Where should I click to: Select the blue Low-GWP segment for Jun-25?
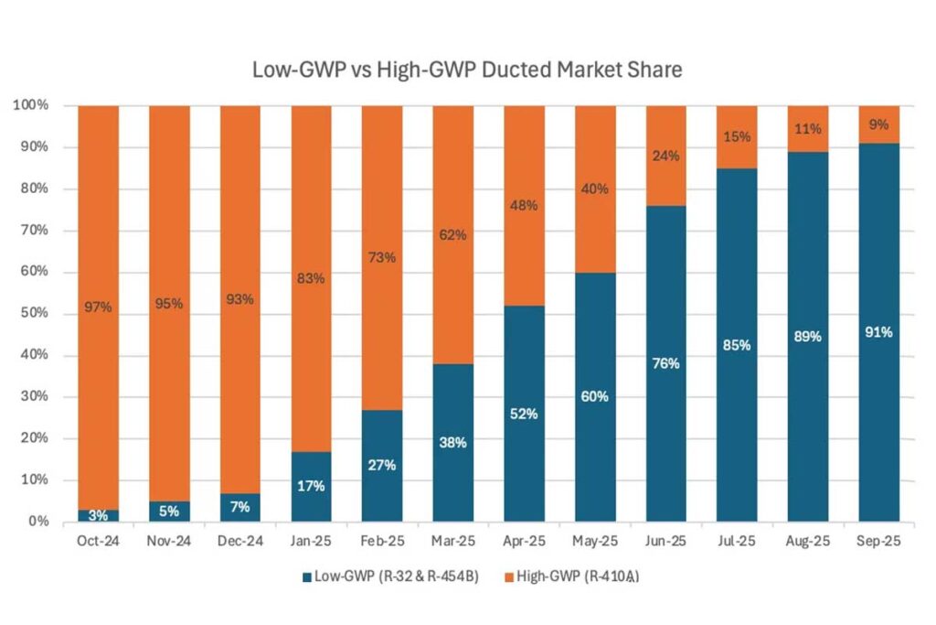(666, 412)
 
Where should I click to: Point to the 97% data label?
(99, 307)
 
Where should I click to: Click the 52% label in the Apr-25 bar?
(525, 414)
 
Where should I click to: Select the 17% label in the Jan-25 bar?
(312, 487)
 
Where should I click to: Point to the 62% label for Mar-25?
(453, 235)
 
